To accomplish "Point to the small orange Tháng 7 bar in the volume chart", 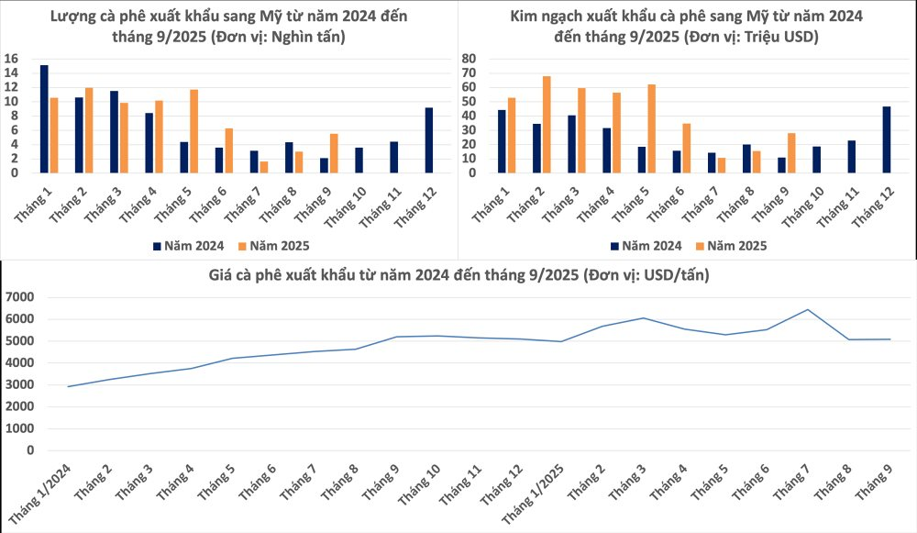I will click(x=264, y=167).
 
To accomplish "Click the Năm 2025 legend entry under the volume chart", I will click(x=274, y=246).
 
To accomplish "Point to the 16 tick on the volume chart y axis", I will click(x=11, y=58).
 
